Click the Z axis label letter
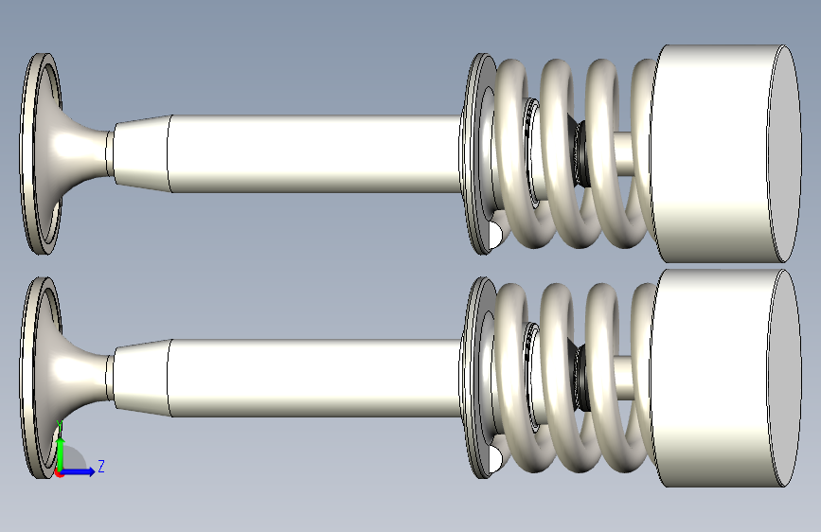[101, 466]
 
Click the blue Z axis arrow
[79, 471]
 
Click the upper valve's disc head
[41, 153]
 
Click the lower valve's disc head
[41, 378]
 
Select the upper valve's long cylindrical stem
[314, 153]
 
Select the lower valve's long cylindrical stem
[314, 378]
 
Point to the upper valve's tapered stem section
[141, 153]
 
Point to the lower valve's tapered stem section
[141, 378]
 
